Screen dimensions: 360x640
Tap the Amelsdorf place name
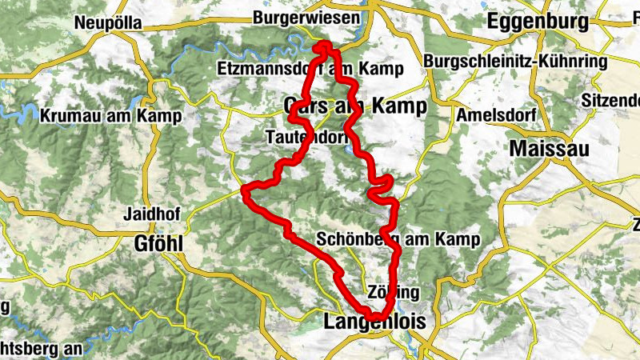(491, 114)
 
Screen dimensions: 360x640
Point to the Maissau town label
(549, 148)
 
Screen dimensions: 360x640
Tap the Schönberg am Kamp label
(398, 239)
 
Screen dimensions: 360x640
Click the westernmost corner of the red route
(245, 190)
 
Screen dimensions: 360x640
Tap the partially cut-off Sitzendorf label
(611, 100)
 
